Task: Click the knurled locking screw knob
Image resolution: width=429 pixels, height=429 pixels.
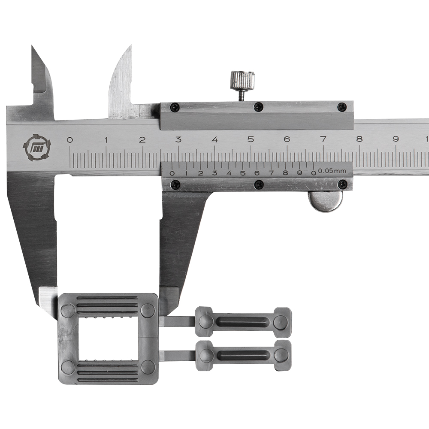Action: point(242,81)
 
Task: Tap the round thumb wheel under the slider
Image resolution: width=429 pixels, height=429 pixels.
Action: point(325,202)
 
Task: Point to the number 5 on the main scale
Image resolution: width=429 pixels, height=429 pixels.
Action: point(251,139)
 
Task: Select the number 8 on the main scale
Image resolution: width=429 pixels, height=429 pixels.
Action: point(359,139)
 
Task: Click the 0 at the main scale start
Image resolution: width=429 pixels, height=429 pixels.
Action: point(70,140)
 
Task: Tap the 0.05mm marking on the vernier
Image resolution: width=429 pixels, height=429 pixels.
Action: point(332,171)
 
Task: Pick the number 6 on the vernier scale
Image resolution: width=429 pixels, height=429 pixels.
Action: point(257,173)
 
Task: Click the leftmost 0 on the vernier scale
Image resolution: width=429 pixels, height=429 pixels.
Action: point(172,173)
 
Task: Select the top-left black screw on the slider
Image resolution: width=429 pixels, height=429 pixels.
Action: point(174,107)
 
